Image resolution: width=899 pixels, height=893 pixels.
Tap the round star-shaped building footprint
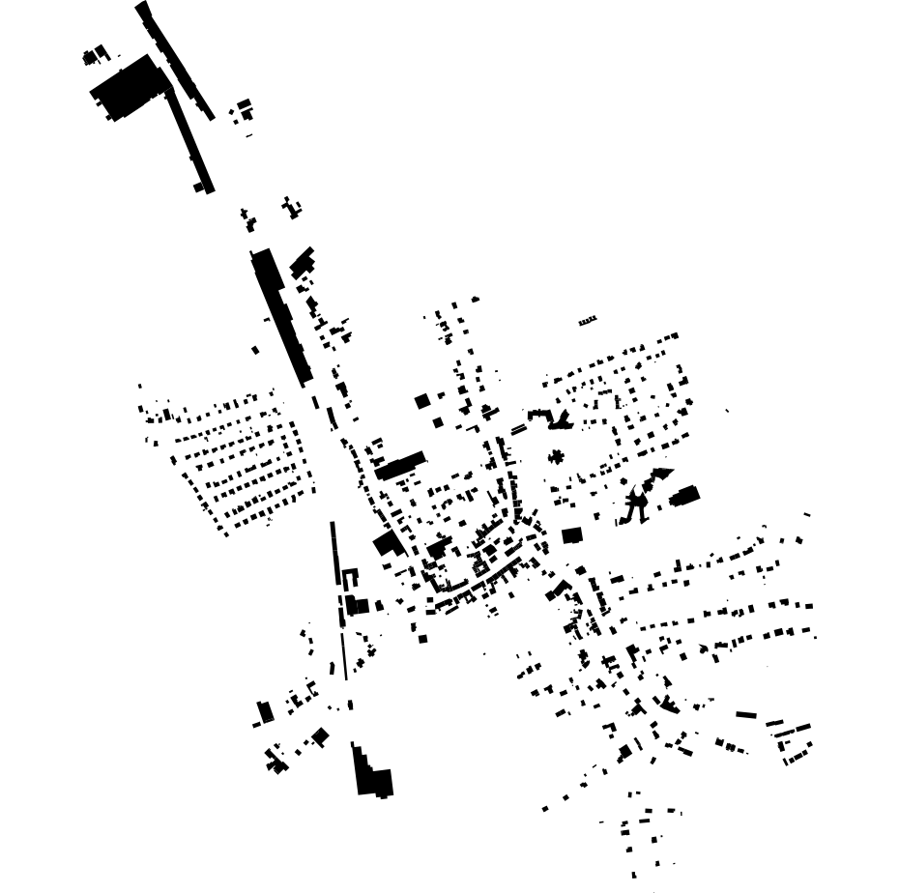[556, 456]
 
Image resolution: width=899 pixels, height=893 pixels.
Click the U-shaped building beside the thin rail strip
[349, 577]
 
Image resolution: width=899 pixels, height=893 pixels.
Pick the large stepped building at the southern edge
[371, 774]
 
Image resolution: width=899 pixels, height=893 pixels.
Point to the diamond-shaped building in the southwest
[320, 736]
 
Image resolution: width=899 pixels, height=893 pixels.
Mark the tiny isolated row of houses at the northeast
[588, 320]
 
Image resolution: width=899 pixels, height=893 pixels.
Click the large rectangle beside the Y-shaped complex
[685, 496]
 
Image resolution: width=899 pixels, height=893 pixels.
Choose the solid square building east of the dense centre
[571, 534]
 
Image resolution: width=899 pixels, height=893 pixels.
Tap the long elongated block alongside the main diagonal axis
[281, 314]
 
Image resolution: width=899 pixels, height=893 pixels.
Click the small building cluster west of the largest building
[96, 56]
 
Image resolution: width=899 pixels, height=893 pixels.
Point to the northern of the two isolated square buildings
[421, 400]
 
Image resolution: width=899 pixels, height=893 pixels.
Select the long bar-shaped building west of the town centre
[400, 465]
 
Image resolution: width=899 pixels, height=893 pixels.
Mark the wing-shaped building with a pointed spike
[553, 418]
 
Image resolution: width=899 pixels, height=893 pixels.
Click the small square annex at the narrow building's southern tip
[200, 187]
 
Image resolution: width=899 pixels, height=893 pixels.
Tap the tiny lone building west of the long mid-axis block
[255, 350]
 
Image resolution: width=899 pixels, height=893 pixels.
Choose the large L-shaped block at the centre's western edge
[389, 543]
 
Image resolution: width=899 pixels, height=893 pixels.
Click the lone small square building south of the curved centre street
[423, 637]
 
